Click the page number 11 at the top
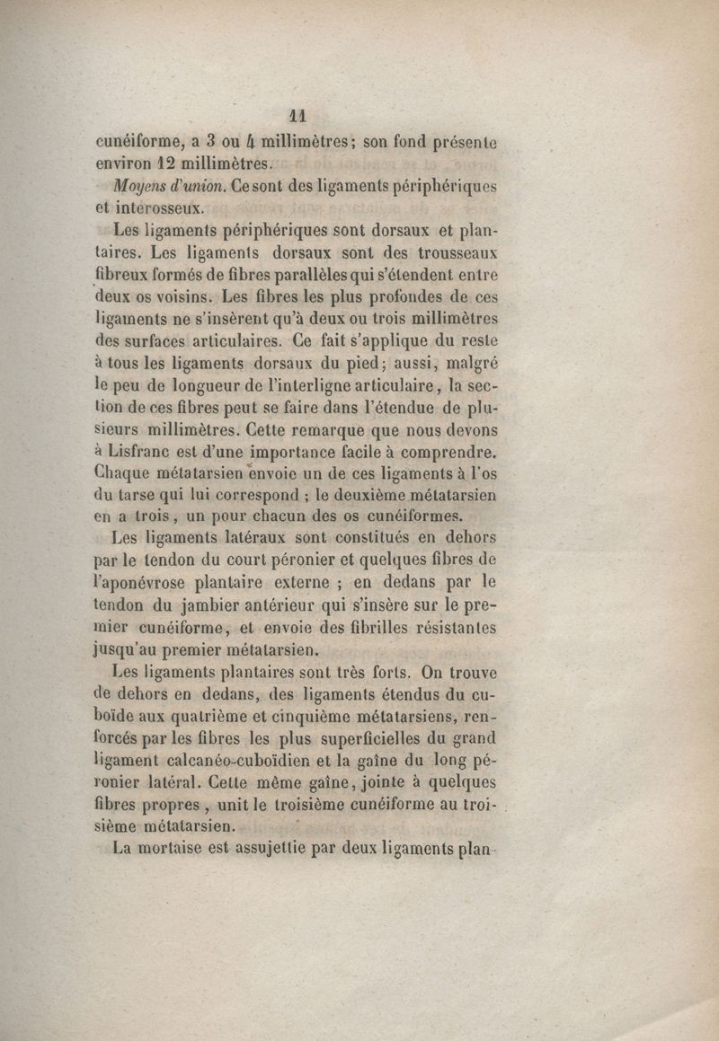tap(298, 116)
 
